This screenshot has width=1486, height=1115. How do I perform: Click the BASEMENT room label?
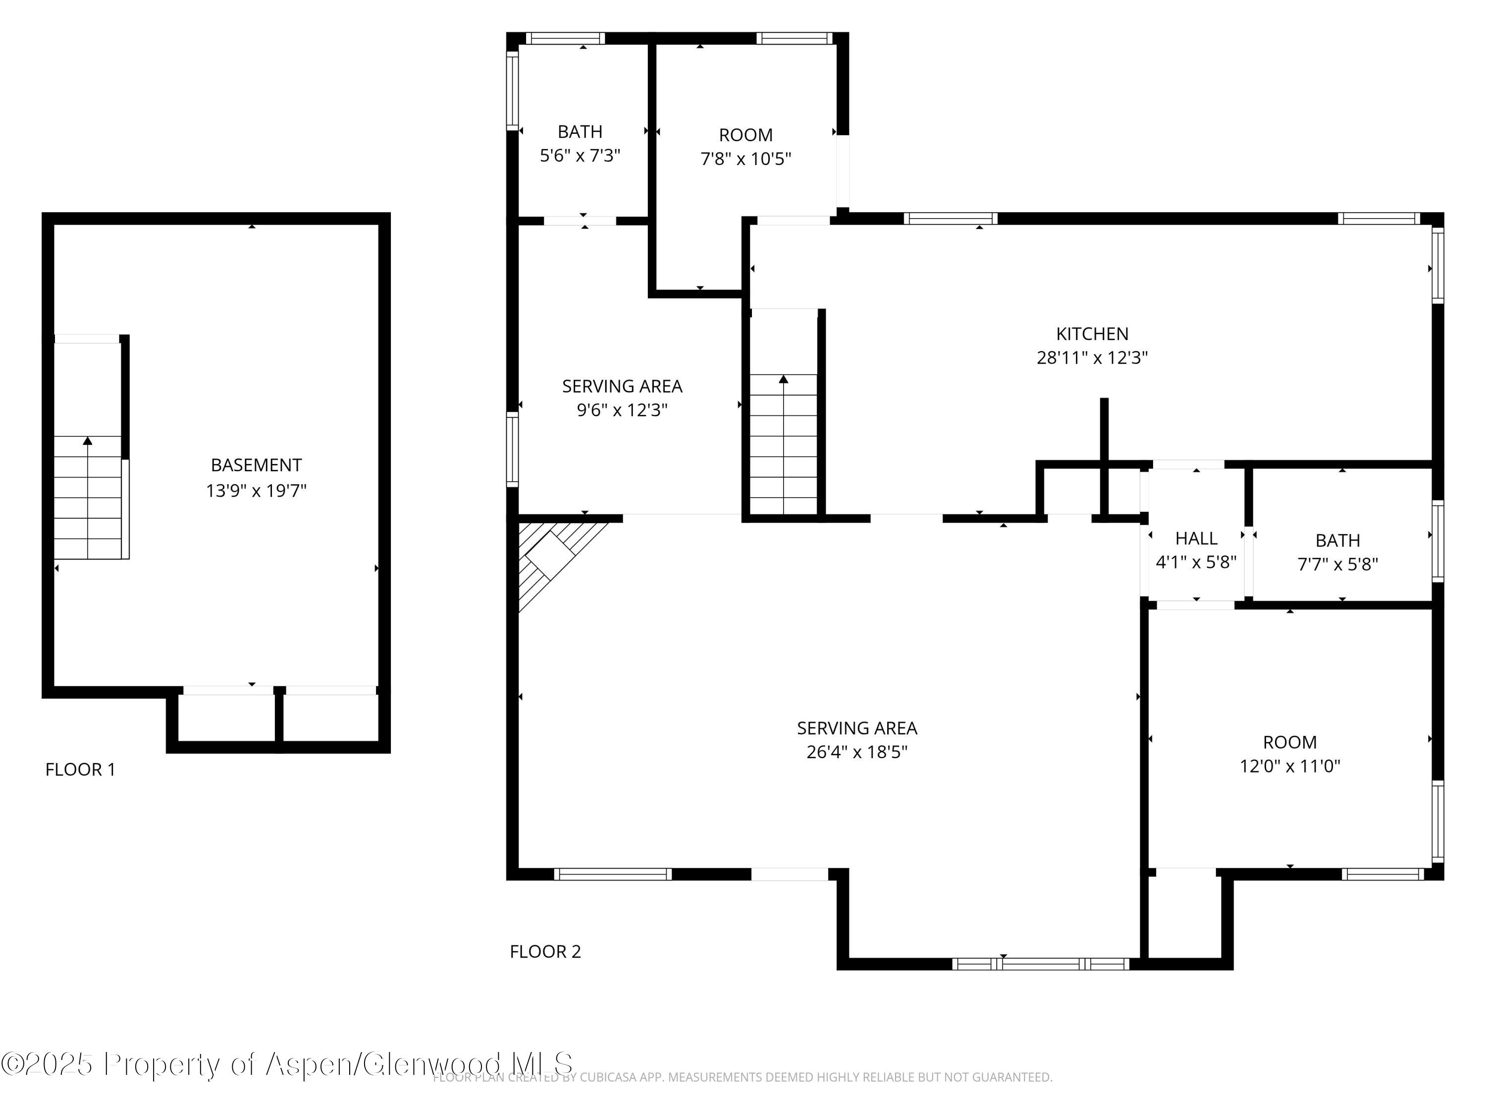(256, 465)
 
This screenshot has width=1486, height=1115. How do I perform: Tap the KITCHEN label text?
(1092, 334)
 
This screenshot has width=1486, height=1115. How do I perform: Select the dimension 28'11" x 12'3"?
(1092, 358)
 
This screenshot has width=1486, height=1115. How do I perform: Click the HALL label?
(1196, 538)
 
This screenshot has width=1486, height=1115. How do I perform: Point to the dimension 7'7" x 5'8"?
(1337, 564)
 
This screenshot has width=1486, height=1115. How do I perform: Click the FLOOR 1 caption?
(80, 770)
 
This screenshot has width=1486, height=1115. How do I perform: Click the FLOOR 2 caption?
(545, 951)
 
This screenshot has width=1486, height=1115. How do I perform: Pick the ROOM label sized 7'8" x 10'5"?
(745, 135)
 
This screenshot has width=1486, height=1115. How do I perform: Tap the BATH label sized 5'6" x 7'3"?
(580, 132)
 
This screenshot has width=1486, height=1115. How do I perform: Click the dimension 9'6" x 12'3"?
(622, 410)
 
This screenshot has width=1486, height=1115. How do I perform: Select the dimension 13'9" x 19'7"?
(256, 491)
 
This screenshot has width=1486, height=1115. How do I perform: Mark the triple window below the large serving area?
(1041, 964)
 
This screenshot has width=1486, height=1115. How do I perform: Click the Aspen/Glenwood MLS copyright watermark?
(287, 1064)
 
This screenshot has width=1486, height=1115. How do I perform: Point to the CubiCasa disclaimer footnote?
(743, 1077)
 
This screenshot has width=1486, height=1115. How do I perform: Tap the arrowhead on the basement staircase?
(87, 441)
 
